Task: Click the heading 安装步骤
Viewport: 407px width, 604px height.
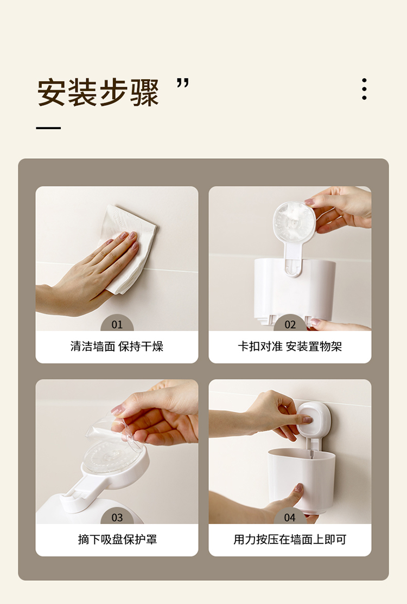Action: pyautogui.click(x=98, y=93)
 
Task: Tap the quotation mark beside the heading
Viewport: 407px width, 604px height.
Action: pyautogui.click(x=183, y=83)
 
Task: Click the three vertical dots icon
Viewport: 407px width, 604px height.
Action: pyautogui.click(x=364, y=89)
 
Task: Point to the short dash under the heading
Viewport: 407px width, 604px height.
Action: pyautogui.click(x=48, y=128)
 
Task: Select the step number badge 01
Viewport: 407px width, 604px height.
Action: pyautogui.click(x=117, y=324)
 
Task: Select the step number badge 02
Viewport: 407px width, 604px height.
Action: pyautogui.click(x=290, y=324)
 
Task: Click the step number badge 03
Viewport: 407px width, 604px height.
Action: pyautogui.click(x=117, y=517)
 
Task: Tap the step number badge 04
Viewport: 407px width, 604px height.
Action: pyautogui.click(x=290, y=517)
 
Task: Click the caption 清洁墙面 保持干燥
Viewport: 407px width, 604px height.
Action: pyautogui.click(x=117, y=346)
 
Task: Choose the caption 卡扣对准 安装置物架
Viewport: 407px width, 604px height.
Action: pyautogui.click(x=290, y=346)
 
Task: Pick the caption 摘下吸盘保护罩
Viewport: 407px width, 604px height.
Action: pyautogui.click(x=117, y=539)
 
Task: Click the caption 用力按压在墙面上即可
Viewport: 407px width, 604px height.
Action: pyautogui.click(x=290, y=539)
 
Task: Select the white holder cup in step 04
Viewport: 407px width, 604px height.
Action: pyautogui.click(x=301, y=480)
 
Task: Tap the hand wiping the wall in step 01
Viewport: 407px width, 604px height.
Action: pyautogui.click(x=87, y=273)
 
